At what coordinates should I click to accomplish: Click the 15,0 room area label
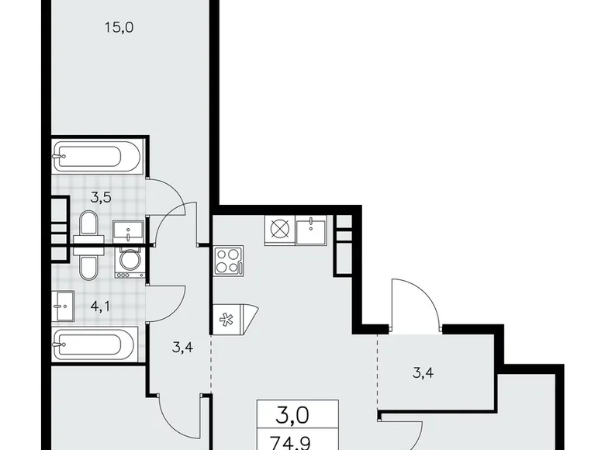click(120, 29)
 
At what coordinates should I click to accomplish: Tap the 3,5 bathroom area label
click(101, 197)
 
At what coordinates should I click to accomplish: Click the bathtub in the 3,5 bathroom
click(96, 157)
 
